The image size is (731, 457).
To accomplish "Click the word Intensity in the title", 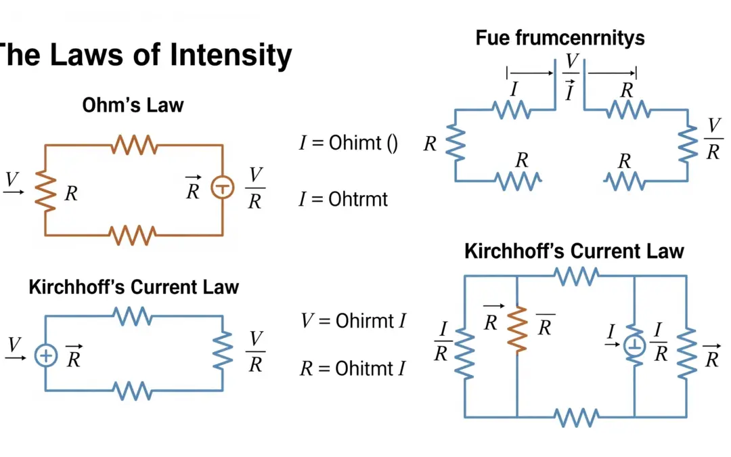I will coord(231,56).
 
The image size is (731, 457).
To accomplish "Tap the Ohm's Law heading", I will coord(133,105).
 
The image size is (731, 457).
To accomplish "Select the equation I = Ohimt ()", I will coord(349,143).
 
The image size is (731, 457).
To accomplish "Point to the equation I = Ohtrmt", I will coord(344,199).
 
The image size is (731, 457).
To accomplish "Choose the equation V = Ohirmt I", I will coord(353,320).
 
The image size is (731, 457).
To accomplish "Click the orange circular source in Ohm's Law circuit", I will coord(222,188).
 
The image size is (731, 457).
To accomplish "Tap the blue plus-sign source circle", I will coord(45,355).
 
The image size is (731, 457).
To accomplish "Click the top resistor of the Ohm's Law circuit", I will coord(134,144).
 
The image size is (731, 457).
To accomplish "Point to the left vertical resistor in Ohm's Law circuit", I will coord(45,190).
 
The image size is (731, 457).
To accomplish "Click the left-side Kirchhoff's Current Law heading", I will coord(133,286).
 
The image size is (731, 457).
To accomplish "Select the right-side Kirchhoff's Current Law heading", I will coord(574,251).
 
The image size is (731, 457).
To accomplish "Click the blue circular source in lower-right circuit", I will coord(634,345).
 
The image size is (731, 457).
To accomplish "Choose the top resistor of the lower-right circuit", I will coord(576,276).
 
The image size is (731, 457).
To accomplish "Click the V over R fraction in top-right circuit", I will coord(713,139).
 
